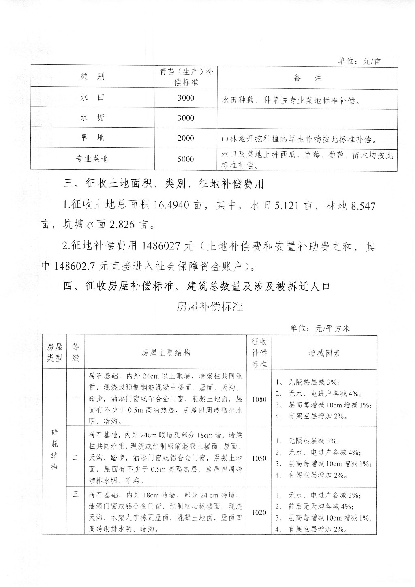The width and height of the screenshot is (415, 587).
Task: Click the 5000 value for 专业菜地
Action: (186, 159)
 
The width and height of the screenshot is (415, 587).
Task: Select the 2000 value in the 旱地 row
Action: (186, 138)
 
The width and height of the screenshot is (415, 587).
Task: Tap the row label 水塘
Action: (92, 118)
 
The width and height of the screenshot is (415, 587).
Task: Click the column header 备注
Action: (307, 78)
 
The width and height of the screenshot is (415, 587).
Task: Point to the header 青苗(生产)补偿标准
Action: (186, 77)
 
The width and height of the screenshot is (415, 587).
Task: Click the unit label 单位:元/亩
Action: (359, 61)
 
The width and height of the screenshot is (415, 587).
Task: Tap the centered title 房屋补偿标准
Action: (210, 306)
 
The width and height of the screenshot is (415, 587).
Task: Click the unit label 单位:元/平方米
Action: (320, 328)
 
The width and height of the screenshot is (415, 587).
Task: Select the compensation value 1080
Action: (259, 399)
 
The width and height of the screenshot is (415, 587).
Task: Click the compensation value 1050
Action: (259, 458)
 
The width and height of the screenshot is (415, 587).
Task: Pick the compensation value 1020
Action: (259, 512)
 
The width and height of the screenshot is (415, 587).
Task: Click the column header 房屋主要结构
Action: (166, 353)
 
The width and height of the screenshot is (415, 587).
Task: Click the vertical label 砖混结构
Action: (54, 450)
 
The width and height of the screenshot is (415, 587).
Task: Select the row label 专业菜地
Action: (92, 159)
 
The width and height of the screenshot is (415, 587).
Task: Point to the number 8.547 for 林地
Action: (363, 206)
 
